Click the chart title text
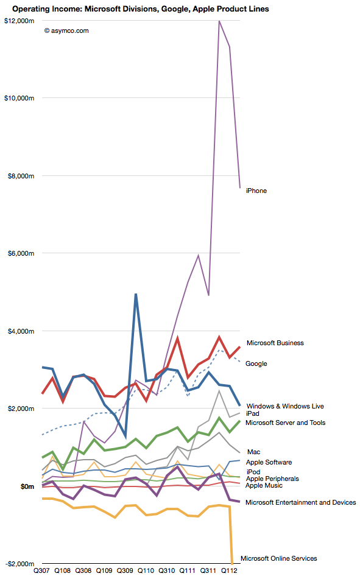click(x=141, y=9)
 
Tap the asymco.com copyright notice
click(x=66, y=31)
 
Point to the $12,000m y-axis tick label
click(x=19, y=21)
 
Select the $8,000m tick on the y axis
click(x=21, y=176)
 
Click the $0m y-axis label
click(x=27, y=486)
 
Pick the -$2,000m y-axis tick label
click(x=20, y=564)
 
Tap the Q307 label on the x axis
click(x=41, y=570)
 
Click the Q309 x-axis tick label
click(x=125, y=570)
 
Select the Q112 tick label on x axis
click(x=229, y=570)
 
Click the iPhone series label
click(x=256, y=191)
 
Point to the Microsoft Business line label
click(x=275, y=343)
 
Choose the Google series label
click(x=256, y=363)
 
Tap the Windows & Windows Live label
click(x=285, y=406)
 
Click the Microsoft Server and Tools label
click(x=285, y=423)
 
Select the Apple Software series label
click(x=269, y=462)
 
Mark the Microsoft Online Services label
click(x=279, y=558)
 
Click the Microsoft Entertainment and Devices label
click(x=300, y=502)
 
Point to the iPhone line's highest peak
click(x=219, y=21)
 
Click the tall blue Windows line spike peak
click(x=136, y=294)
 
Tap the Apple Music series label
click(x=264, y=486)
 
